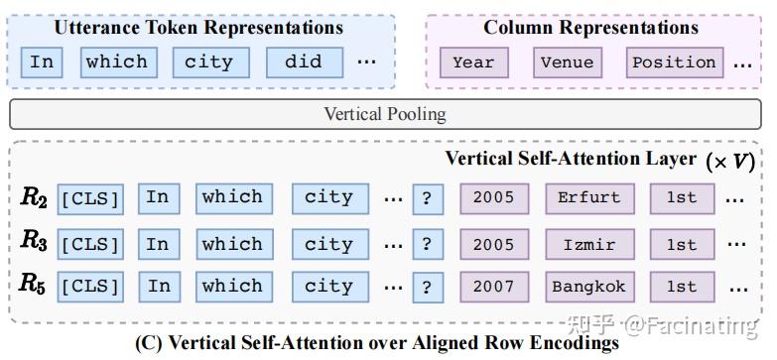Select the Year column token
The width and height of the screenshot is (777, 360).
tap(473, 62)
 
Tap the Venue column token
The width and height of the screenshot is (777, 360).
tap(567, 62)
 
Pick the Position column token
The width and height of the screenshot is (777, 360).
tap(674, 62)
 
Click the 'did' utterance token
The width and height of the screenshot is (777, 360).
tap(304, 61)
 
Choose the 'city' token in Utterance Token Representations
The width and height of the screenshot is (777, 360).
tap(208, 61)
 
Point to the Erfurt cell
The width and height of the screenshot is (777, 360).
tap(588, 197)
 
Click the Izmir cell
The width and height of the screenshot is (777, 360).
tap(588, 244)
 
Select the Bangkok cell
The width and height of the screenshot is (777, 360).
tap(588, 287)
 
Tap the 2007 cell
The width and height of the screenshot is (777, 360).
tap(493, 287)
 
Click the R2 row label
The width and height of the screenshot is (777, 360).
tap(34, 197)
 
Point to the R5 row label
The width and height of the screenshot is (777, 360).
tap(34, 285)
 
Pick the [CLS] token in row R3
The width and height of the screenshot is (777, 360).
tap(89, 244)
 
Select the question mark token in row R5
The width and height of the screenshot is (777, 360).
tap(426, 288)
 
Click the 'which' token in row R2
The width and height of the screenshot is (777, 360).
tap(232, 197)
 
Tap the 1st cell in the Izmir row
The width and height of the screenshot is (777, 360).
tap(681, 244)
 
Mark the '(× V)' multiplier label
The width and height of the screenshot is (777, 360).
tap(728, 162)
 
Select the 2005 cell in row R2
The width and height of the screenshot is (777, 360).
tap(493, 197)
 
